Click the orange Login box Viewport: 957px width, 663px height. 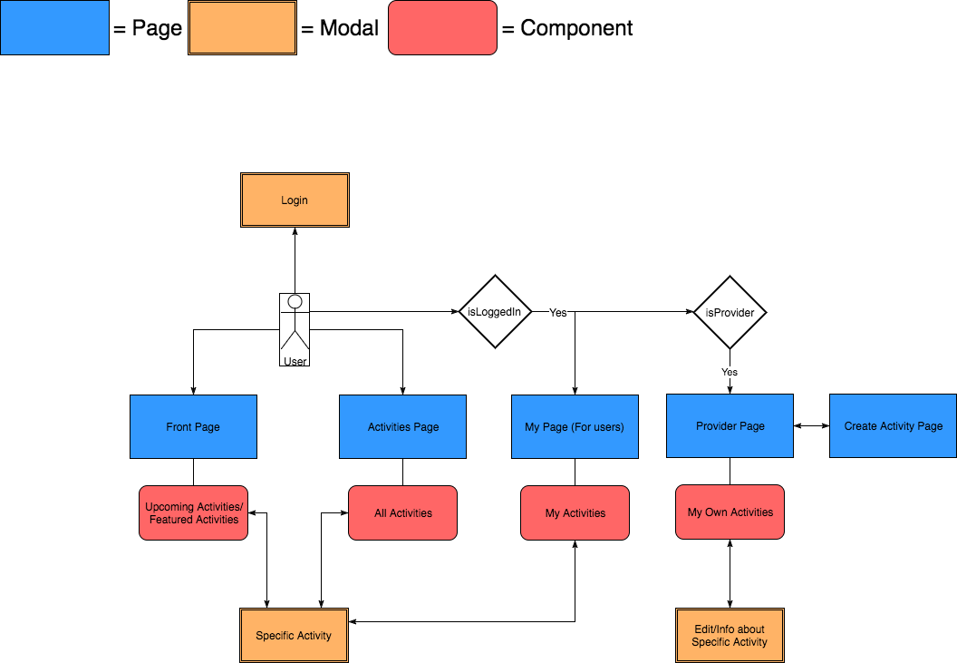[x=295, y=200]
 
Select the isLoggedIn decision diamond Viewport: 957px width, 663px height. [x=494, y=312]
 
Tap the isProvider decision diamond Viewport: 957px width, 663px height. [x=730, y=312]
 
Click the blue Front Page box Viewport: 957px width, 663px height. [x=193, y=426]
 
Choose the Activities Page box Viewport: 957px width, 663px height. [x=402, y=426]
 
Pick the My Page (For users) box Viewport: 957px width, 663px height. [x=575, y=426]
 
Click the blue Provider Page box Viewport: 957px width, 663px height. [x=730, y=425]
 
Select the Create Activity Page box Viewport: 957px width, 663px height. [x=893, y=425]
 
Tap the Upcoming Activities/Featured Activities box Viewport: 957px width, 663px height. [x=193, y=513]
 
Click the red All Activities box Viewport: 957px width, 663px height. [x=402, y=513]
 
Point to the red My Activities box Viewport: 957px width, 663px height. [x=575, y=513]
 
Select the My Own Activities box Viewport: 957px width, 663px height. [x=730, y=512]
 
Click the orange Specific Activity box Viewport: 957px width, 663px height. [x=294, y=635]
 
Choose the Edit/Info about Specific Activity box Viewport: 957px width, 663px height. [x=730, y=635]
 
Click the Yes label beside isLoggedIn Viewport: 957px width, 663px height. [x=558, y=313]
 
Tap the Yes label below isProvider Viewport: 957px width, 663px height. [x=730, y=372]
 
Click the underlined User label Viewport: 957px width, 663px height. [x=295, y=361]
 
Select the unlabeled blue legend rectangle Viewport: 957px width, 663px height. [x=54, y=28]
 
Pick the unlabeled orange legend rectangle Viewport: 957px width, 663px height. [x=242, y=28]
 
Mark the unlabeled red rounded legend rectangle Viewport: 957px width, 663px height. [x=442, y=28]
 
